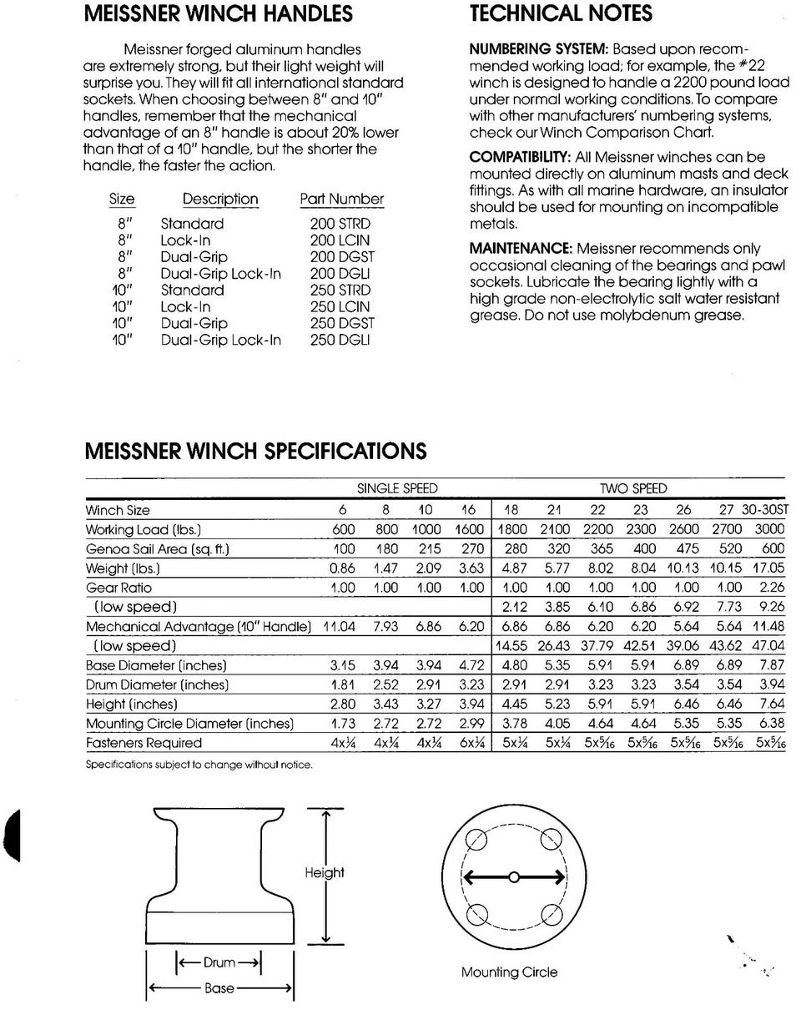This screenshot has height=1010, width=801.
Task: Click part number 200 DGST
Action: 340,257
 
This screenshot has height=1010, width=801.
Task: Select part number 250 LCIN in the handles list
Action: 340,307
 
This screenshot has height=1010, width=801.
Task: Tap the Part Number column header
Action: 342,199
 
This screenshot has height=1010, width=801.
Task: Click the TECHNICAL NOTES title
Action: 561,14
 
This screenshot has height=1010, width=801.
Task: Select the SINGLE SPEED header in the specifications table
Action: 397,488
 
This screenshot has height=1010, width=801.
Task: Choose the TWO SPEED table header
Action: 633,488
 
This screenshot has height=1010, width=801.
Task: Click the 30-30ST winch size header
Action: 770,510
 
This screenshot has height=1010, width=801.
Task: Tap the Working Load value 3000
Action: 770,530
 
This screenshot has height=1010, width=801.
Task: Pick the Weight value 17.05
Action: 768,568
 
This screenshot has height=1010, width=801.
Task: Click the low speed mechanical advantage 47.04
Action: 768,646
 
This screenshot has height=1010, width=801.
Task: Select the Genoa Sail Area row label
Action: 158,549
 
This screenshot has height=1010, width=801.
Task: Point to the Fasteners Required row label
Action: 144,743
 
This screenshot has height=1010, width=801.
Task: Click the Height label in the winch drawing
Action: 324,873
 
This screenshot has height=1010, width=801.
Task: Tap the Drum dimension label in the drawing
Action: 219,963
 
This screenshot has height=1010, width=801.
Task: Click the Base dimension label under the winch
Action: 219,988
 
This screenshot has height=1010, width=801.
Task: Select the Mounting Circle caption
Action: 509,972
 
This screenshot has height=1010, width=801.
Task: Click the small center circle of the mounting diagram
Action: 514,877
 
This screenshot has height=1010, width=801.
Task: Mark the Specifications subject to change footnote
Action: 199,765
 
